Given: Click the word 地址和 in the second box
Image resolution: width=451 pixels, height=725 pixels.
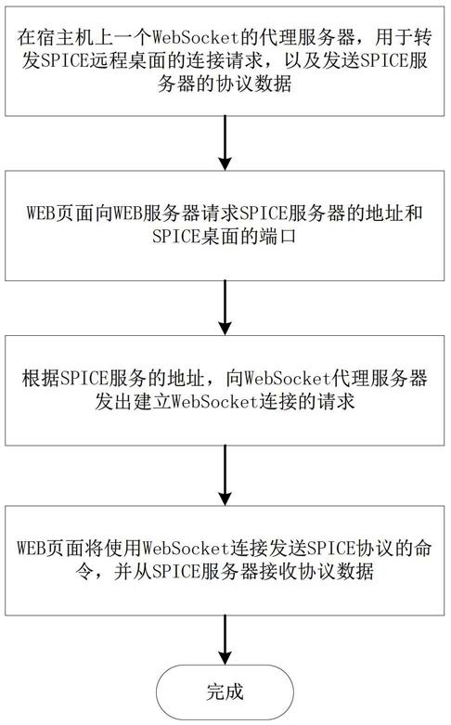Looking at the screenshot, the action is [394, 214].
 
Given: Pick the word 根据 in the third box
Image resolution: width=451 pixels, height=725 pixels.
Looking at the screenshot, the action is [41, 378].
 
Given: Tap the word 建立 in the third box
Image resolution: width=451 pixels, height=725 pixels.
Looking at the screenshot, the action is [152, 401].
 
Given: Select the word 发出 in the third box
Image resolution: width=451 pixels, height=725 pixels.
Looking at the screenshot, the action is [113, 401].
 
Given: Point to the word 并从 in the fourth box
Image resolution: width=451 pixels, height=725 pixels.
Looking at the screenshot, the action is [133, 572].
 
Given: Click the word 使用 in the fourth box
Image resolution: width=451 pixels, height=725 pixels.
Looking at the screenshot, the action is [122, 548].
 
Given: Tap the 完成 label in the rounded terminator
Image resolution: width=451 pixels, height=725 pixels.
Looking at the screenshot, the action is [225, 693].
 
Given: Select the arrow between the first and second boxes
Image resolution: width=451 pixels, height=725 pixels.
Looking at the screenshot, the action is [225, 143].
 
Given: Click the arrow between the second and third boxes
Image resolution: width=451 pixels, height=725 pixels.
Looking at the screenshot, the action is [225, 308].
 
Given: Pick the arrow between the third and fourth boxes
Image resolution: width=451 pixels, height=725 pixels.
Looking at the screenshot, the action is [225, 475].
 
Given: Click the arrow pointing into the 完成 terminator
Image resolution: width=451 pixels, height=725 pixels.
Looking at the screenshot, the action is [225, 640].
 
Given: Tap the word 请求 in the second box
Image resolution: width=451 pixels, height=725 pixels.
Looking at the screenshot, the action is [219, 214].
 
